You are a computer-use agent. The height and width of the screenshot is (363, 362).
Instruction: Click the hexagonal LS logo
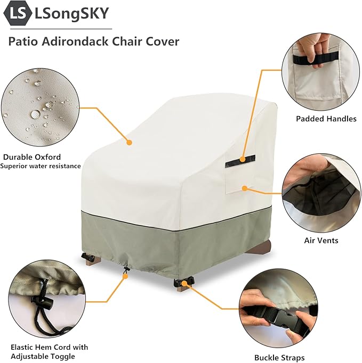(18, 13)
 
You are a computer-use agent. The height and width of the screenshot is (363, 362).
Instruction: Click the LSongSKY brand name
(71, 13)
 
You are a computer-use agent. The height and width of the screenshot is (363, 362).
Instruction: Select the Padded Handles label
(326, 119)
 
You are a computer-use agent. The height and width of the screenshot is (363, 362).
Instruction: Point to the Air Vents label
(321, 240)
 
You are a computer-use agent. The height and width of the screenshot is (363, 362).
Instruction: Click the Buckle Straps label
(279, 358)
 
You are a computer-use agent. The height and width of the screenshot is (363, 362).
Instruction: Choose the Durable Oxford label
(32, 157)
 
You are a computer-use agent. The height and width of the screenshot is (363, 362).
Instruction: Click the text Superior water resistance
(41, 166)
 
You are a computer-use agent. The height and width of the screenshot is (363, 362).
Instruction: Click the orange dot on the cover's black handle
(243, 159)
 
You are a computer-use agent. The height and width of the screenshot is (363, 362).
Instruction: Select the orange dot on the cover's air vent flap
(244, 188)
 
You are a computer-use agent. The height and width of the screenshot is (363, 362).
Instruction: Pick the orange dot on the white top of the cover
(129, 142)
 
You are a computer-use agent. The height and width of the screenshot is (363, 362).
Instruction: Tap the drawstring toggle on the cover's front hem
(126, 269)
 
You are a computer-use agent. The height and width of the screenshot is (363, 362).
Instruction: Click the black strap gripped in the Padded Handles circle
(316, 57)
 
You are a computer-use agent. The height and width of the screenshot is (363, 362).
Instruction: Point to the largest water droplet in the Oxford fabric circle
(35, 114)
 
